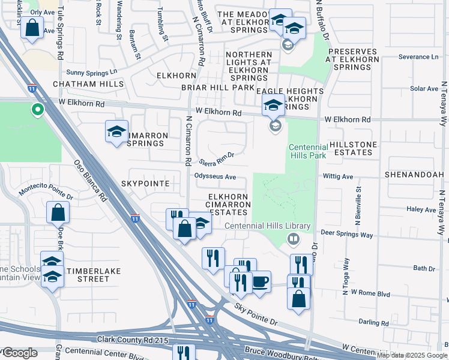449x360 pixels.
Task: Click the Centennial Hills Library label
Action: coord(268,226)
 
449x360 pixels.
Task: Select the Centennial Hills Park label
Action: coord(308,152)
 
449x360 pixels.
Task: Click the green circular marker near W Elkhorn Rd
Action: coord(37,109)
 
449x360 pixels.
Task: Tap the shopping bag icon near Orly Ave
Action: coord(32,28)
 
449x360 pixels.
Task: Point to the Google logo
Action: coord(19,353)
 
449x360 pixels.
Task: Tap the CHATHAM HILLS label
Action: coord(88,85)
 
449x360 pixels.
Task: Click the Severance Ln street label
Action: coord(419,57)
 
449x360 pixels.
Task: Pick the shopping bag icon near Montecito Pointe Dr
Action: coord(58,212)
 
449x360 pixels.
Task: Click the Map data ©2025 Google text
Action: coord(412,355)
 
